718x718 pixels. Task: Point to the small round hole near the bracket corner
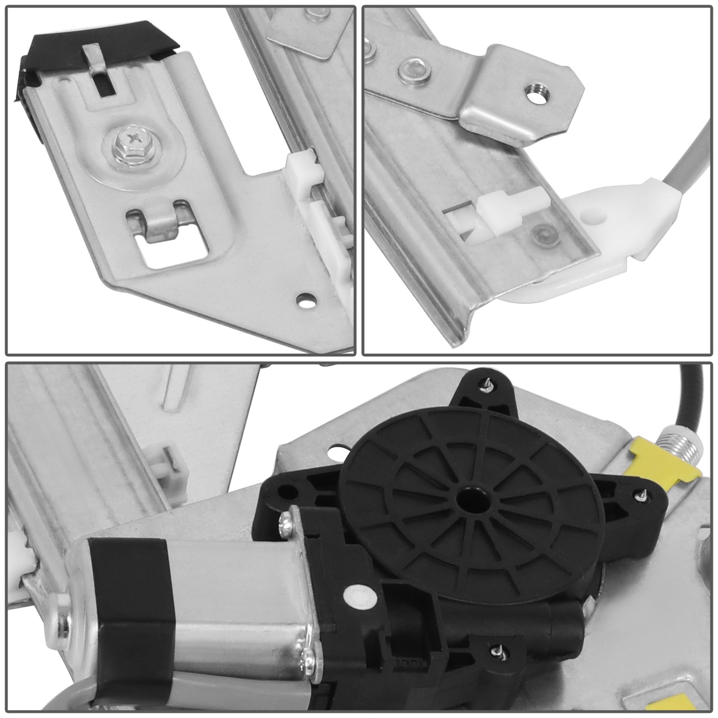coord(303,300)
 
